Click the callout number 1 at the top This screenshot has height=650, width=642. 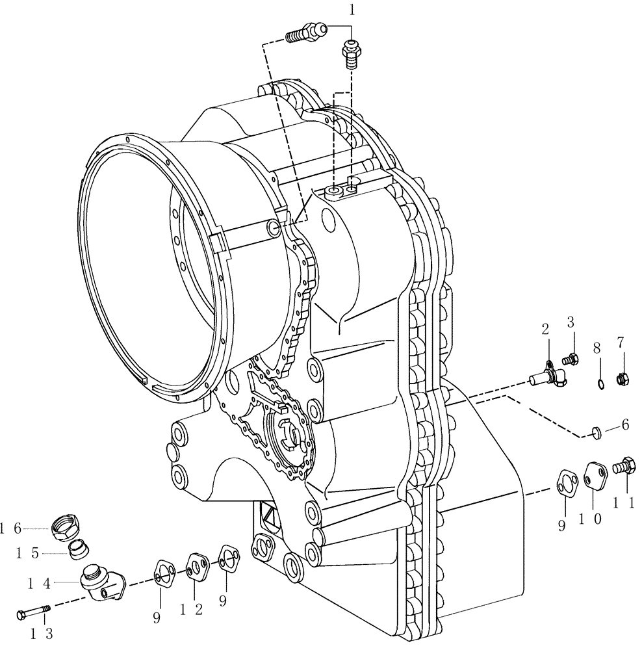[352, 10]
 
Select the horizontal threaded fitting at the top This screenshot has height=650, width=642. [305, 32]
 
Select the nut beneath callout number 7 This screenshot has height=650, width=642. [621, 376]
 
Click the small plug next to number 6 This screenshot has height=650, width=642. [596, 430]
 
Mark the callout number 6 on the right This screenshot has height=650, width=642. [625, 424]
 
